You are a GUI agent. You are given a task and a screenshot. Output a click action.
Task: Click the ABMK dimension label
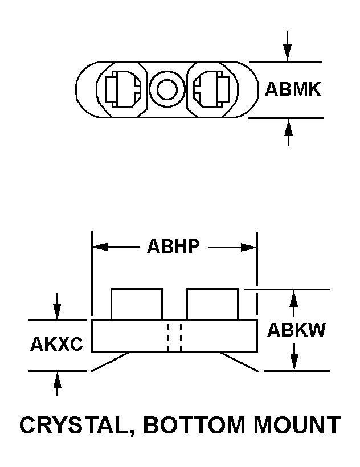click(x=293, y=89)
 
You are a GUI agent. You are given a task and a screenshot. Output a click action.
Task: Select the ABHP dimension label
click(x=173, y=246)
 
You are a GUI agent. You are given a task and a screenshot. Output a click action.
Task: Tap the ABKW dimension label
click(x=296, y=330)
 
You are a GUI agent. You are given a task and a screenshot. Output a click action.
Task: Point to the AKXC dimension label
click(x=56, y=344)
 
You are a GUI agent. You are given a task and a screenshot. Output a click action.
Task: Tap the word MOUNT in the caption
click(x=297, y=425)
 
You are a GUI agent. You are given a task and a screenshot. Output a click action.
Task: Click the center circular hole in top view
click(x=167, y=89)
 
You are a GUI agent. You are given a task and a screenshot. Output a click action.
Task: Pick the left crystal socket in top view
click(x=122, y=89)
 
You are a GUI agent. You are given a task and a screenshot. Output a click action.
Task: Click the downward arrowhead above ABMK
click(x=287, y=53)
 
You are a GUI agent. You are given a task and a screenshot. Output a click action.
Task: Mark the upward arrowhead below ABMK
click(x=288, y=127)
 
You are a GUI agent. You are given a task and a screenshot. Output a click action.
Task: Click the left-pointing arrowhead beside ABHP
click(x=101, y=247)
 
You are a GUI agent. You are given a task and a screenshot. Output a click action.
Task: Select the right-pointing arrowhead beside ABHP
click(x=248, y=247)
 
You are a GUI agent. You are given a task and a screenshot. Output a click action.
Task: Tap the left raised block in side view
click(x=137, y=304)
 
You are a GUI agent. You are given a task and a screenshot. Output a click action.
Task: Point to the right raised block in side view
click(x=212, y=304)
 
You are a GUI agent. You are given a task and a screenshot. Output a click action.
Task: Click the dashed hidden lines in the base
click(x=174, y=337)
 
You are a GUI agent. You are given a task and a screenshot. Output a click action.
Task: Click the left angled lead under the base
click(x=111, y=362)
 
